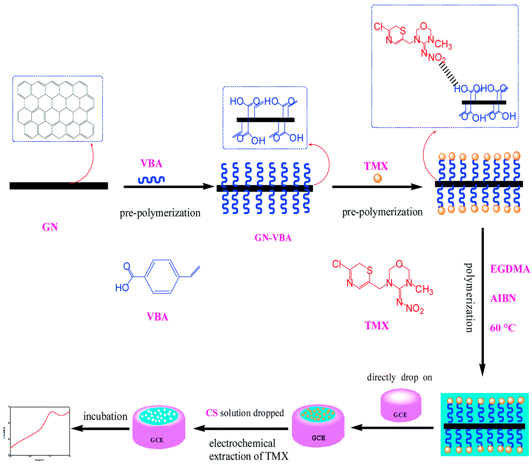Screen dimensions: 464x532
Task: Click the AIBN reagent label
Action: tap(503, 298)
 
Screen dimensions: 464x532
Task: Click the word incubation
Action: tap(105, 416)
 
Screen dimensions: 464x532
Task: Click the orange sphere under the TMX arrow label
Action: tap(377, 178)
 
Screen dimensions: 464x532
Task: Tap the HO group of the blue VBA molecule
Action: tap(122, 287)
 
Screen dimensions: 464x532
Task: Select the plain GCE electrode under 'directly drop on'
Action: tap(400, 405)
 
